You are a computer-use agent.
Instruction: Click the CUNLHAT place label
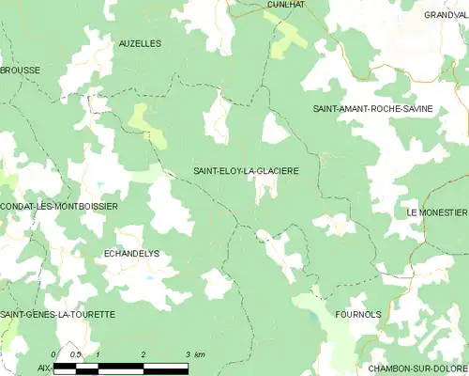[x=284, y=5]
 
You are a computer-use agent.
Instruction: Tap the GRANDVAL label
[x=446, y=15]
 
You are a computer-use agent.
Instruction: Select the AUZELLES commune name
[x=140, y=43]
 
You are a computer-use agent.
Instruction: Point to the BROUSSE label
[x=20, y=70]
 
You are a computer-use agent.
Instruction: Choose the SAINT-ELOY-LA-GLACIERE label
[x=246, y=171]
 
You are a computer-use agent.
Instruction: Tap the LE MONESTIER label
[x=436, y=213]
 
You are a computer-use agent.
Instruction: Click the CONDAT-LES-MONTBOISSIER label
[x=58, y=206]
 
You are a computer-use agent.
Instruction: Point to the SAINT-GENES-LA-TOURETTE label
[x=58, y=314]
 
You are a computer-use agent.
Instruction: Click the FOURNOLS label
[x=357, y=315]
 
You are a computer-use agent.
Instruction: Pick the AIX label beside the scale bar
[x=44, y=368]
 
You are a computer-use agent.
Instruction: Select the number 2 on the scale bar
[x=143, y=353]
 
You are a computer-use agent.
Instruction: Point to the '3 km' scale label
[x=194, y=353]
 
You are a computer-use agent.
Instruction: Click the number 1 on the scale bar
[x=98, y=353]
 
